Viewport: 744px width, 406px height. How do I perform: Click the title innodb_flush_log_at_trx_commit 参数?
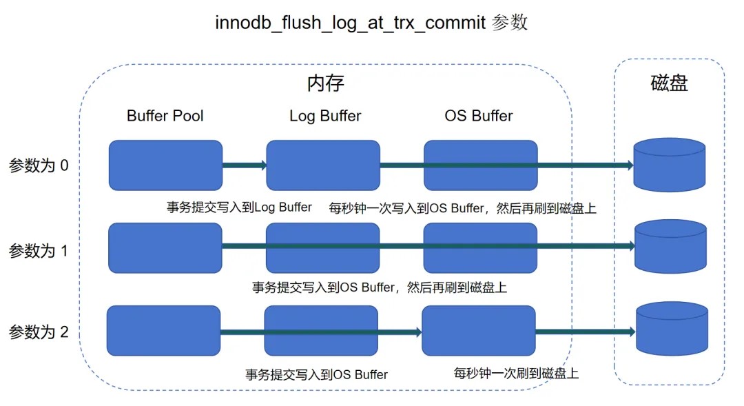point(371,22)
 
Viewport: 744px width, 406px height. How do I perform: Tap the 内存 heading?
point(325,83)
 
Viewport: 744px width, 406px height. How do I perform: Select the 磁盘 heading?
point(669,83)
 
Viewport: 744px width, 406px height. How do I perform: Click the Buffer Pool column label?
point(165,116)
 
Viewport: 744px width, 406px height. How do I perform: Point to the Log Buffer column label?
point(325,116)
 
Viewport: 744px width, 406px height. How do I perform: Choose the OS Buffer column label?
point(479,116)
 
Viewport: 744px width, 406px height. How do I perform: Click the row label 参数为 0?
point(39,166)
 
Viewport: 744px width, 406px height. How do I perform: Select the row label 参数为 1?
point(39,250)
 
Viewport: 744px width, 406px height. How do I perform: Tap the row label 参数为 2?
point(39,332)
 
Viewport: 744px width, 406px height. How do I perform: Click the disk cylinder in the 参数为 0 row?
point(669,166)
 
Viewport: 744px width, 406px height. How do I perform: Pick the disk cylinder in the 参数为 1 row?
point(670,248)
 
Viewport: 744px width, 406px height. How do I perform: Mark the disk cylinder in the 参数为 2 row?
point(672,329)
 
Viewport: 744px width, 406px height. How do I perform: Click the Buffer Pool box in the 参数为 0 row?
point(165,165)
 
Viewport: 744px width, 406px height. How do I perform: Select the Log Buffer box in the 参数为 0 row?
point(323,165)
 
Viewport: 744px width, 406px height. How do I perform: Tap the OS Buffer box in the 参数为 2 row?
point(478,331)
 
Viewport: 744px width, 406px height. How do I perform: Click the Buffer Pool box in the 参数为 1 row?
point(165,247)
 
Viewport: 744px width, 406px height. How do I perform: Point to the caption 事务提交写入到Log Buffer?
point(239,207)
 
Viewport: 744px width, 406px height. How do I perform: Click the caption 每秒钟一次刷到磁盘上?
point(516,374)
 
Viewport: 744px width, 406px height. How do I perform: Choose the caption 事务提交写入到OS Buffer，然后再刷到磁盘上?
point(380,287)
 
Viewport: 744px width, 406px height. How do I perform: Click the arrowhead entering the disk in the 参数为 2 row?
point(630,332)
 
